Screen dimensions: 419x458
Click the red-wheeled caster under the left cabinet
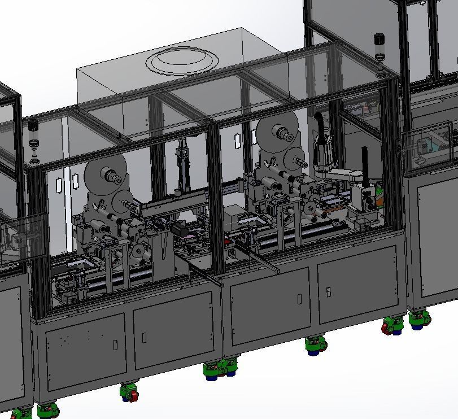pos(129,391)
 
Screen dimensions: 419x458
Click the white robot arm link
pos(344,175)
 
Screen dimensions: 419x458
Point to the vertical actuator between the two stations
pos(182,164)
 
